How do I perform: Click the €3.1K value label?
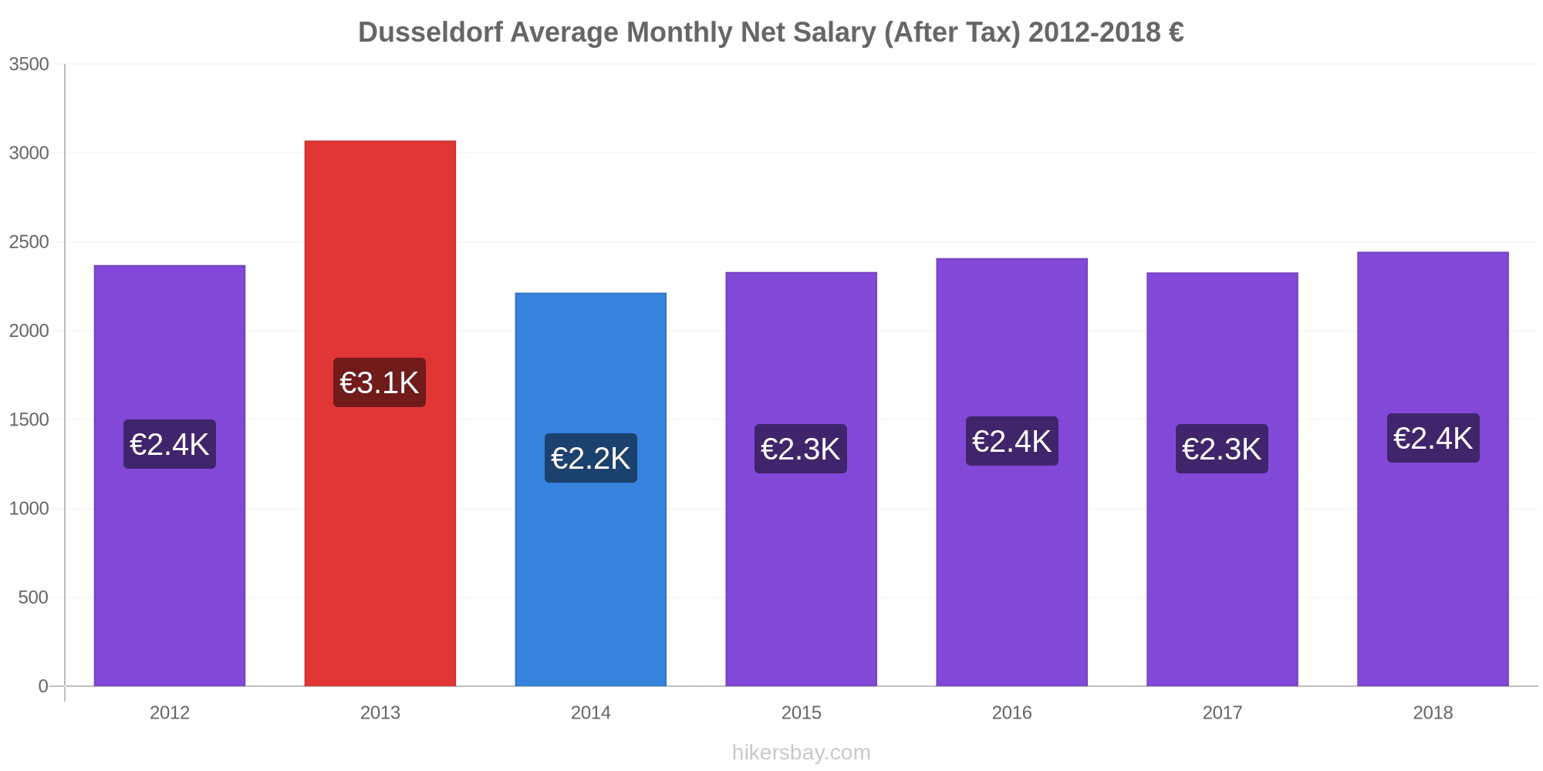coord(380,382)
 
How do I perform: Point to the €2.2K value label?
coord(590,458)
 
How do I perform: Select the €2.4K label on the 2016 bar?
coord(1011,441)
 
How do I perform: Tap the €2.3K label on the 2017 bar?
coord(1221,449)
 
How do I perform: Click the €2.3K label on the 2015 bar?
coord(800,449)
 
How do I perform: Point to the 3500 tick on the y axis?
coord(29,65)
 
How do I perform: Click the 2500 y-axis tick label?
coord(29,243)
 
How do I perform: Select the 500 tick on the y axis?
coord(34,598)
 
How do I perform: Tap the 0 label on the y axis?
coord(43,686)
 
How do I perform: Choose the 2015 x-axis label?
coord(801,713)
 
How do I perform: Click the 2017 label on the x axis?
coord(1222,713)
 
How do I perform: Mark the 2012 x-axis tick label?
coord(170,713)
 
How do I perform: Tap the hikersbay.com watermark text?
coord(801,752)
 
